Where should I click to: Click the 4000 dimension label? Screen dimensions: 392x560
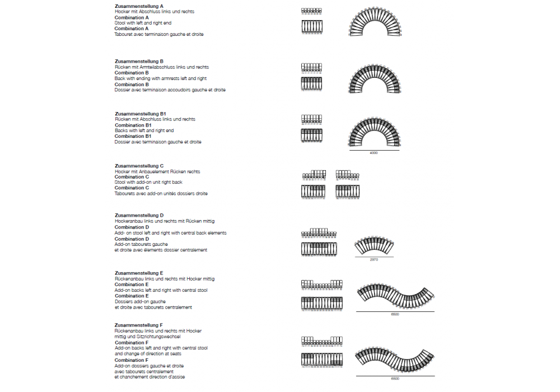tap(374, 153)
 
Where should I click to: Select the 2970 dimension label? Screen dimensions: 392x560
tap(374, 260)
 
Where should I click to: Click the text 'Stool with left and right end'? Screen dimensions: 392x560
tap(143, 23)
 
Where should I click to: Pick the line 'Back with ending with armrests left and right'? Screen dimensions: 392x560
tap(161, 78)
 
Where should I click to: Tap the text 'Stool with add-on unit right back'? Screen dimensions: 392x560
tap(148, 182)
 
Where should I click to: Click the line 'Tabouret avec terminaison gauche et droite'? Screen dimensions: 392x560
tap(159, 34)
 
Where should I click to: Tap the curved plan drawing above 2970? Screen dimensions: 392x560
tap(374, 245)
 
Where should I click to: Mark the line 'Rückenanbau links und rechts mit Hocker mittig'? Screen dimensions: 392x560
tap(165, 279)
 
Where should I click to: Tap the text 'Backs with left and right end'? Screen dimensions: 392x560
tap(144, 130)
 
